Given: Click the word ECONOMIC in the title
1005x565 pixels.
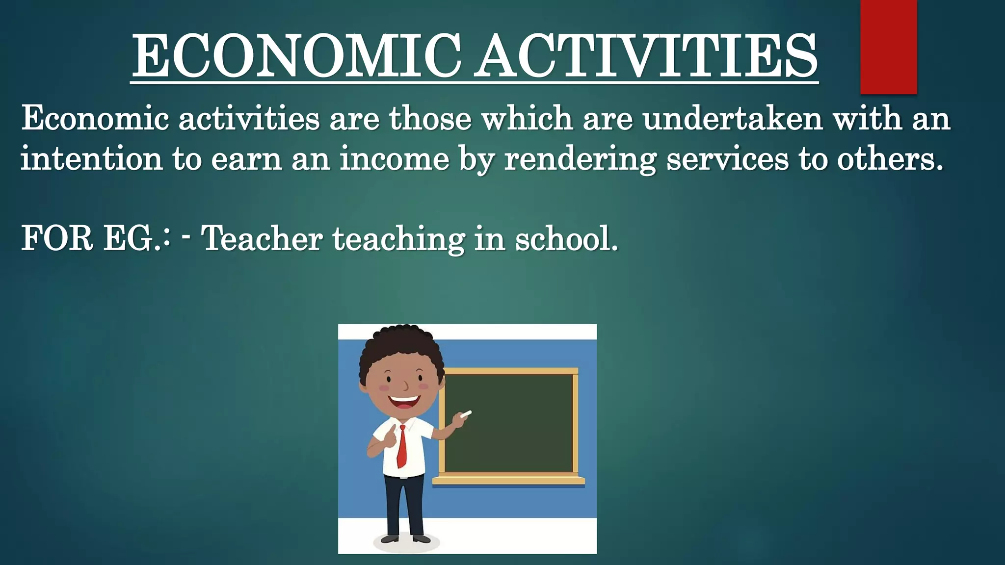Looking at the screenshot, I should pyautogui.click(x=296, y=55).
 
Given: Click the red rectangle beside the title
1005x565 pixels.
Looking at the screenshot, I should pyautogui.click(x=888, y=47).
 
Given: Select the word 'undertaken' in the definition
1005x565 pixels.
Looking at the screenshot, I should pyautogui.click(x=732, y=119).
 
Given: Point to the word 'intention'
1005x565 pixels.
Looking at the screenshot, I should pyautogui.click(x=91, y=159).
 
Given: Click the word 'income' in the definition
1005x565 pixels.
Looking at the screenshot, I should pyautogui.click(x=395, y=159).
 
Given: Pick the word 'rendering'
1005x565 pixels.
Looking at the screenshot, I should pyautogui.click(x=580, y=160).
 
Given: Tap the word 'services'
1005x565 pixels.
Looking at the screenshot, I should pyautogui.click(x=727, y=159).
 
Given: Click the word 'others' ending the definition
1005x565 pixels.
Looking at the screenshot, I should pyautogui.click(x=889, y=159).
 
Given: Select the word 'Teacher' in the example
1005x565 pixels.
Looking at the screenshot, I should pyautogui.click(x=262, y=239).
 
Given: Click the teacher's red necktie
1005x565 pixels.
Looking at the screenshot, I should pyautogui.click(x=402, y=446).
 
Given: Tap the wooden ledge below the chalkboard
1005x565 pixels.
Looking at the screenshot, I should pyautogui.click(x=508, y=481).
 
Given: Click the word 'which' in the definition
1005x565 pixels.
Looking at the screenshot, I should pyautogui.click(x=528, y=119).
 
